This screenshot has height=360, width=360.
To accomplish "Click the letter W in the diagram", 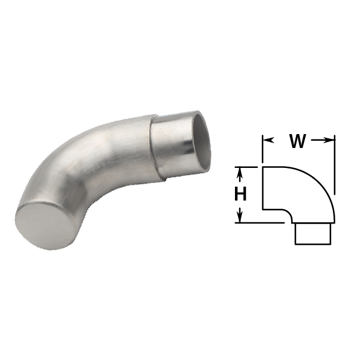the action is (298, 141).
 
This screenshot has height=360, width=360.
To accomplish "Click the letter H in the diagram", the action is (240, 193).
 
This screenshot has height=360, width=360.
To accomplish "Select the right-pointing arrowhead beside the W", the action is (329, 140).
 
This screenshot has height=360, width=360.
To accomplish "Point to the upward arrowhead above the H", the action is (240, 173).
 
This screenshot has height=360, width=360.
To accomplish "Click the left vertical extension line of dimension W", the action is (262, 149).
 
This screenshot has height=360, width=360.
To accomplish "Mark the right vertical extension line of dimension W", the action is (335, 165).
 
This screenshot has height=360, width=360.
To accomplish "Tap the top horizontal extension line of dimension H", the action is (246, 167).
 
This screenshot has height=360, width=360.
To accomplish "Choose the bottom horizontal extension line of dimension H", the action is (260, 223).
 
